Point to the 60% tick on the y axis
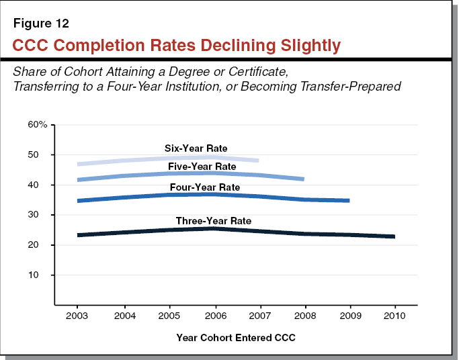pos(38,125)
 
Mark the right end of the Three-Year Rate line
pos(394,236)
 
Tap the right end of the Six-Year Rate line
pos(258,161)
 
